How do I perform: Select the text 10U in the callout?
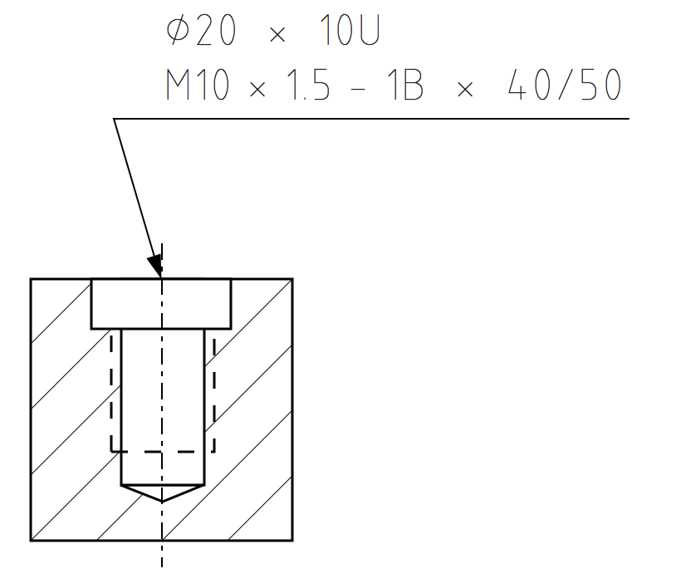pyautogui.click(x=349, y=32)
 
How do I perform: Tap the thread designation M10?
pyautogui.click(x=197, y=86)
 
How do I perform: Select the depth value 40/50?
pyautogui.click(x=565, y=86)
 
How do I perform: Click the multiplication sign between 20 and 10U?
pyautogui.click(x=277, y=36)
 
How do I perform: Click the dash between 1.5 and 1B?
pyautogui.click(x=359, y=86)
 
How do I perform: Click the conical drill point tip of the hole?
pyautogui.click(x=162, y=501)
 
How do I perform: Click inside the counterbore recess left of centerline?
pyautogui.click(x=125, y=304)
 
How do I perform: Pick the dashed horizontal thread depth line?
pyautogui.click(x=162, y=452)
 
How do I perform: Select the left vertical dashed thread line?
pyautogui.click(x=111, y=390)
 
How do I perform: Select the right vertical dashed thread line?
pyautogui.click(x=214, y=390)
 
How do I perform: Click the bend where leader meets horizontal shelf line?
pyautogui.click(x=114, y=119)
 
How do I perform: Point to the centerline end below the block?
pyautogui.click(x=162, y=566)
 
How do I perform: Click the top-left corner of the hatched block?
pyautogui.click(x=31, y=279)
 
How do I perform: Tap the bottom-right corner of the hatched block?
pyautogui.click(x=293, y=541)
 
